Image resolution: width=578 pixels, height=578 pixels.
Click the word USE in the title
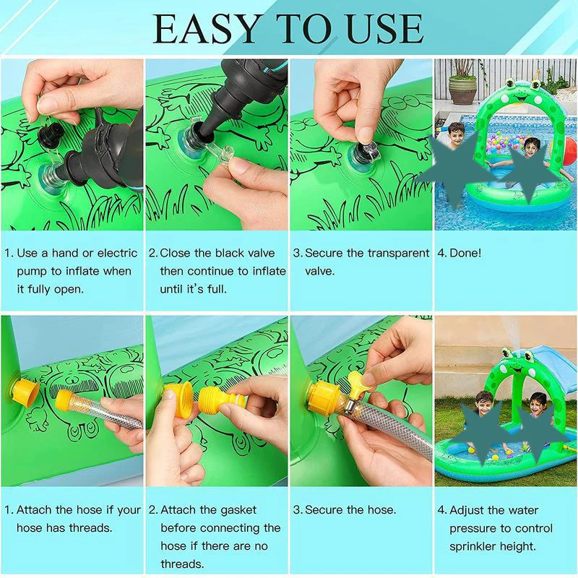click(385, 29)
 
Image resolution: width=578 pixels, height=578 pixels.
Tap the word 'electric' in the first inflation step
click(117, 254)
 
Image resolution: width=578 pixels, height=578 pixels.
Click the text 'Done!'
click(465, 254)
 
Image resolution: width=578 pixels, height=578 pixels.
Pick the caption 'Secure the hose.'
click(350, 510)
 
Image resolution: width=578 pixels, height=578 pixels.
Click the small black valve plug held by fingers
click(51, 134)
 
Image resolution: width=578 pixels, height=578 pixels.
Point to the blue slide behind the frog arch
click(554, 363)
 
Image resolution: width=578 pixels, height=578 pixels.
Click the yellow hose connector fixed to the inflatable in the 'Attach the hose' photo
click(25, 393)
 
